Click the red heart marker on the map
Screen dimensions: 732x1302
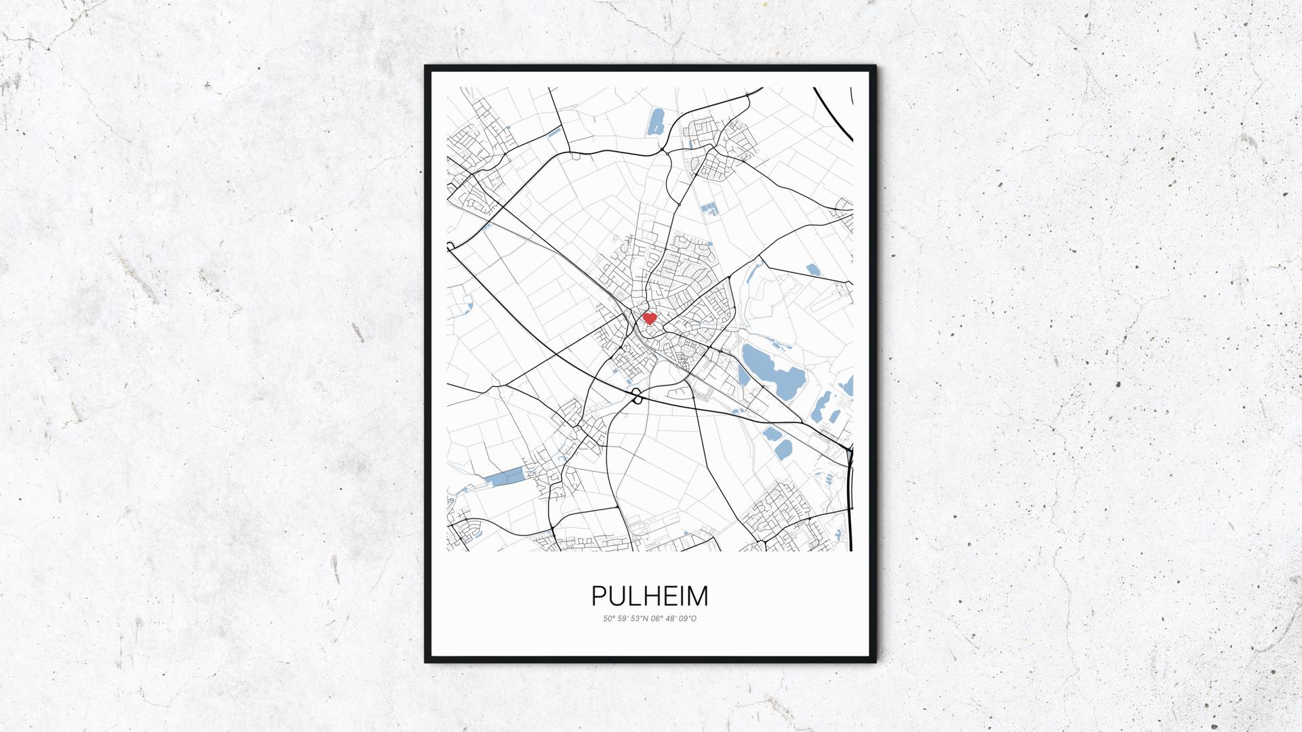click(649, 317)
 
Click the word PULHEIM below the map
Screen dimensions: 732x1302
click(650, 596)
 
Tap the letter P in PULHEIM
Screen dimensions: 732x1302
click(599, 596)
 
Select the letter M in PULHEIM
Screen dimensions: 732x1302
click(698, 596)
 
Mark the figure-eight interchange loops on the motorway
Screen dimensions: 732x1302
click(637, 396)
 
